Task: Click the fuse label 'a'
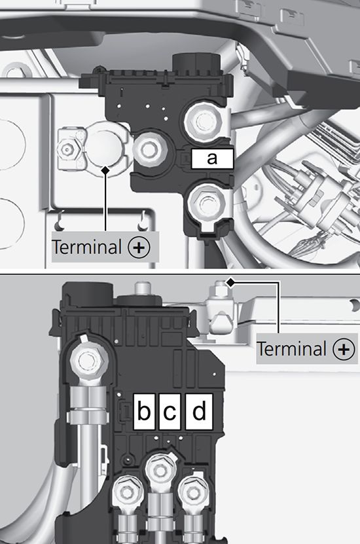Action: pos(212,158)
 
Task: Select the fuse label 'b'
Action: pos(144,411)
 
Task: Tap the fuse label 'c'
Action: pos(170,411)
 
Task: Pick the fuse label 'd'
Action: pos(199,411)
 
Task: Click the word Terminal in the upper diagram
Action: pos(86,247)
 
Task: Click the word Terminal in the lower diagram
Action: pos(291,349)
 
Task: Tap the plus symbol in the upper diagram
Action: pos(139,247)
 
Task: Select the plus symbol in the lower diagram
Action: pos(344,349)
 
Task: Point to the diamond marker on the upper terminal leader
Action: pos(105,170)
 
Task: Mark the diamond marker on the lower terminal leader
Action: pos(230,282)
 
